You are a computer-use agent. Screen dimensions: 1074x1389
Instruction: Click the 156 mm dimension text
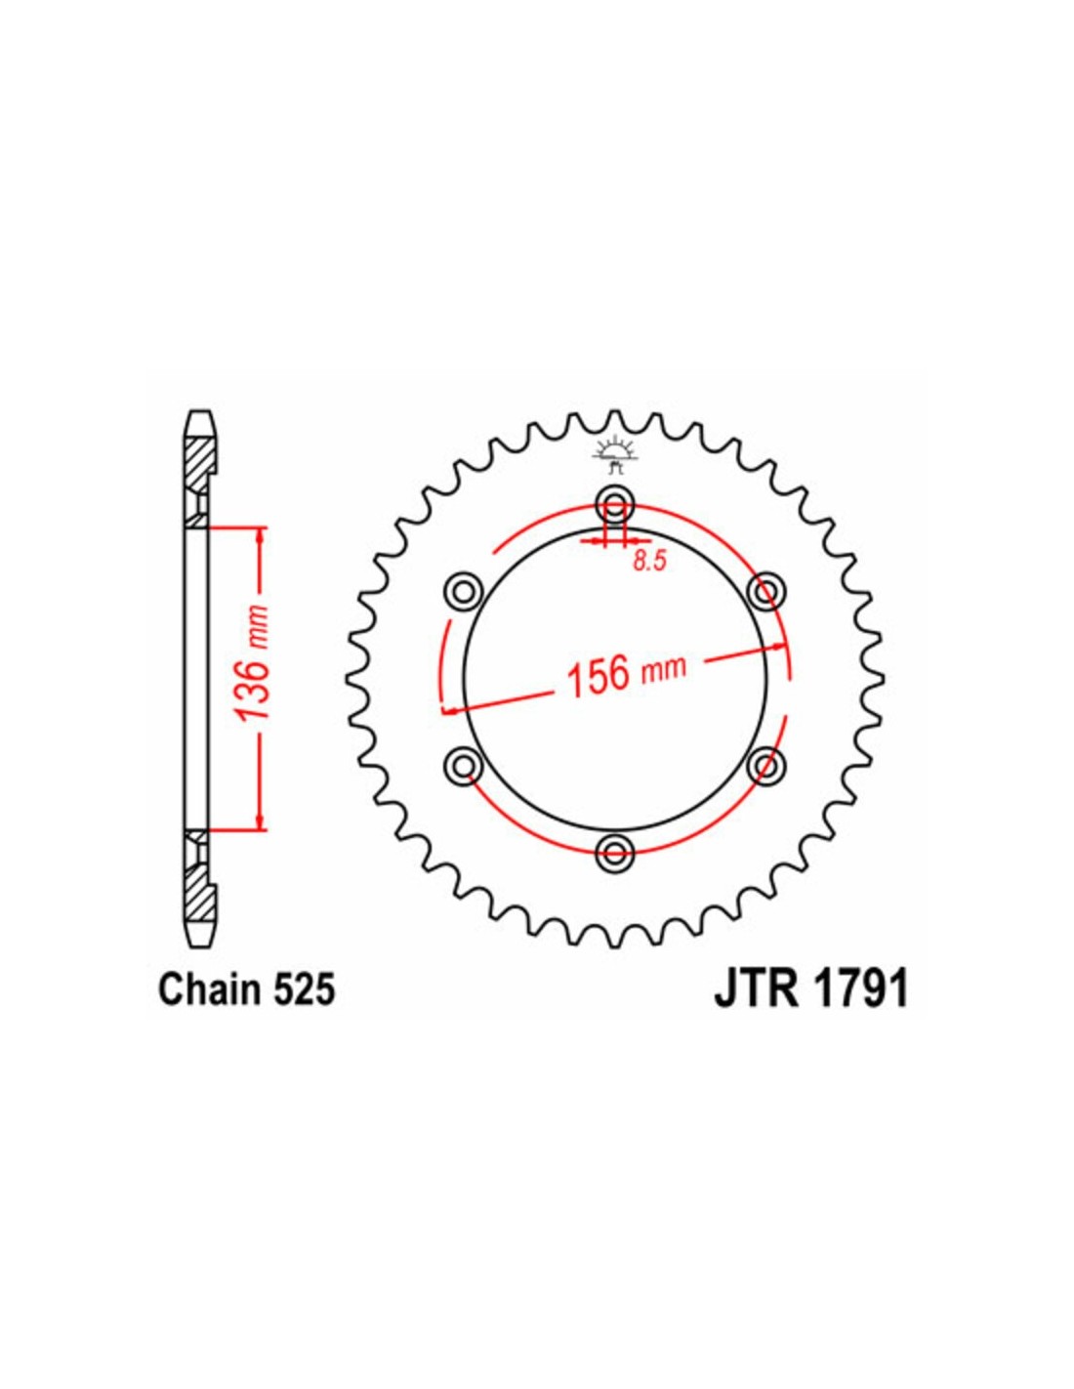[x=626, y=672]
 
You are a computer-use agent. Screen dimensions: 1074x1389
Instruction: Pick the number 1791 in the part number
[x=863, y=989]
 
